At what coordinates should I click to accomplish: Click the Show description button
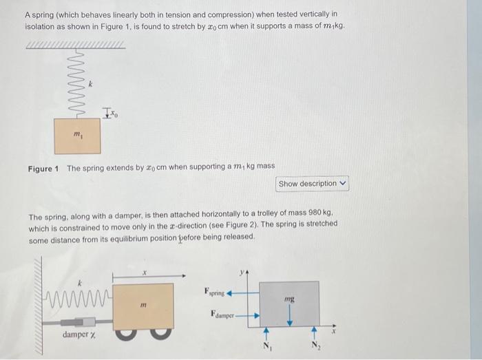313,184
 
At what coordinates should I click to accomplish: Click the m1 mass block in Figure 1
77,136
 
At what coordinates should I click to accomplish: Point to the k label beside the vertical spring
90,84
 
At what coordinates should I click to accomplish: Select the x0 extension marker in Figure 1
110,114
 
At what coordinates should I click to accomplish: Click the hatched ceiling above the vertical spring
75,47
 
